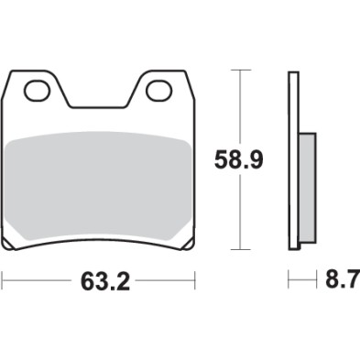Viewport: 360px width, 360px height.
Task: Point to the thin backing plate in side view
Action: [294, 160]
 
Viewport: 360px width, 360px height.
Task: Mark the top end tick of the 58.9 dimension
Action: [240, 71]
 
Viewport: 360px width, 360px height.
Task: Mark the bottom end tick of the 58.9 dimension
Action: [240, 250]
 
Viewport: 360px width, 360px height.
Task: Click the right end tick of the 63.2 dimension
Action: [196, 279]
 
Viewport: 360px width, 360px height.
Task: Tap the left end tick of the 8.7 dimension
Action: [289, 279]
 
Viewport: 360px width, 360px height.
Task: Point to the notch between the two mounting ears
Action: [99, 106]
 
